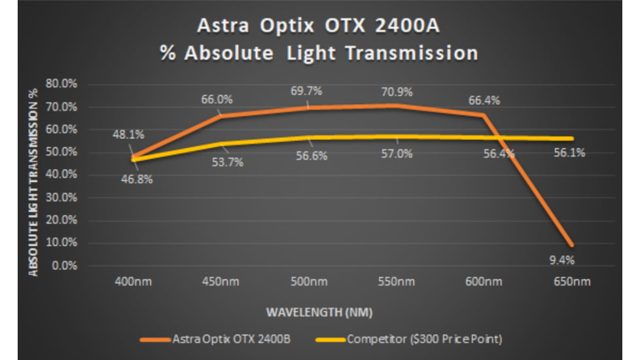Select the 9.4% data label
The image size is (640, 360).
[562, 260]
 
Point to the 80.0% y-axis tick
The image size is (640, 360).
[62, 84]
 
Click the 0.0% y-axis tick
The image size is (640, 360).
[64, 266]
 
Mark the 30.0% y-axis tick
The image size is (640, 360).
[62, 198]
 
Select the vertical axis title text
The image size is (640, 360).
[34, 176]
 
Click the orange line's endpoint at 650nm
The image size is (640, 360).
[572, 245]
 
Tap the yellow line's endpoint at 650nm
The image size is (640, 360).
[572, 138]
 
